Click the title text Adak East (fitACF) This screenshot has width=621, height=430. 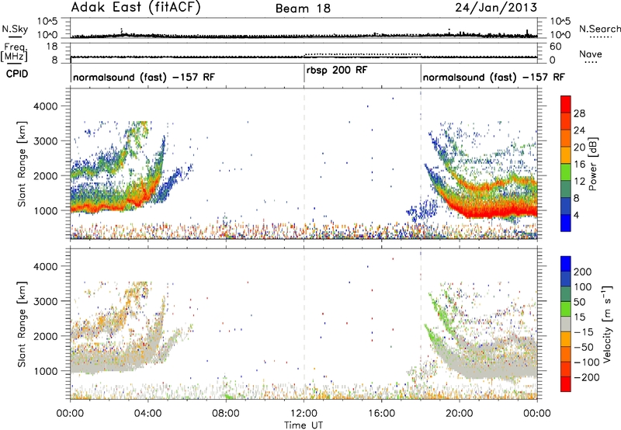coord(135,7)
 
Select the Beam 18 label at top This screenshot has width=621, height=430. coord(303,9)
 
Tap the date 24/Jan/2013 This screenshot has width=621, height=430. coord(496,8)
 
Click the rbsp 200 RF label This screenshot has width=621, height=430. coord(337,70)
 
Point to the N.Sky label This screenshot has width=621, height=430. coord(15,29)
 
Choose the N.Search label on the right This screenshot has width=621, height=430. coord(599,29)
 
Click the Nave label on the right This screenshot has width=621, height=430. coord(591,54)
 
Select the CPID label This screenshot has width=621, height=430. coord(17,74)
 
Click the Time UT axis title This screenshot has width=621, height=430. coord(304,425)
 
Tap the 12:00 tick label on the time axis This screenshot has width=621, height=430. coord(304,414)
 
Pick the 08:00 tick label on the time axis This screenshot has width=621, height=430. coord(226,414)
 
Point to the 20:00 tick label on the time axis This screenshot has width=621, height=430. coord(460,414)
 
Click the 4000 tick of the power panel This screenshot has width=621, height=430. coord(47,106)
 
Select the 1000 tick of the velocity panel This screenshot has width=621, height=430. coord(47,371)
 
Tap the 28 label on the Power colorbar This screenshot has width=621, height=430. coord(579,113)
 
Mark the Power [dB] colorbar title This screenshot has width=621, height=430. coord(592,165)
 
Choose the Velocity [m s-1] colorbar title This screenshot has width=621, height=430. coord(606,323)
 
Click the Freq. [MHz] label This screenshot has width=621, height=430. coord(14,53)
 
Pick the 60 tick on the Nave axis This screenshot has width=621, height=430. coord(556,47)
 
